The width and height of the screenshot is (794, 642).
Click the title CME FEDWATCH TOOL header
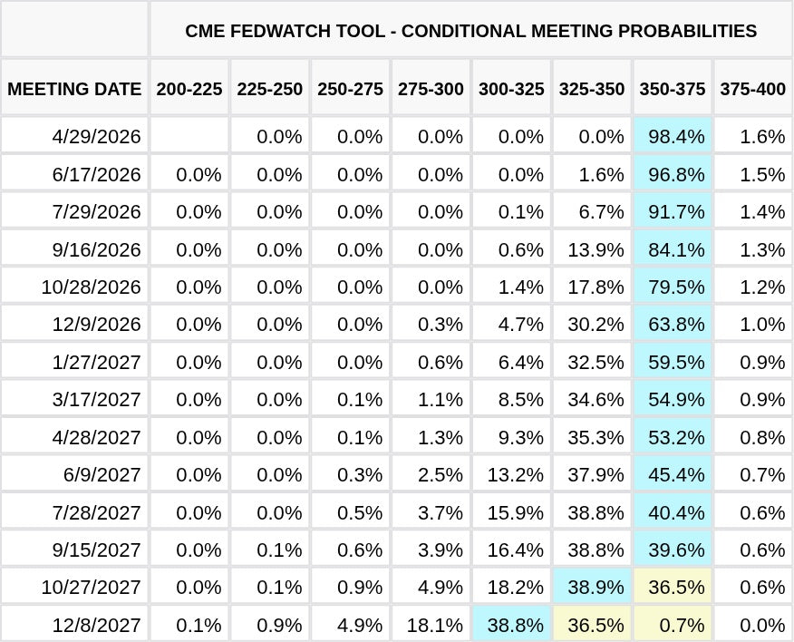point(470,31)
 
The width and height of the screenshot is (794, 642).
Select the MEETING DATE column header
point(74,89)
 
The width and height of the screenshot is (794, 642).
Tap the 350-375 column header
point(673,89)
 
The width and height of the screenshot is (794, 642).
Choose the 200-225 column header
point(189,89)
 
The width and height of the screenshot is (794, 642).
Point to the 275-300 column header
point(431,89)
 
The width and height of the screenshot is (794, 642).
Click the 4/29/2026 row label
point(97,136)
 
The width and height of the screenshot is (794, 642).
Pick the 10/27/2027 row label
point(91,587)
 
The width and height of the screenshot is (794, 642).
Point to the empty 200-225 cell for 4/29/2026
point(189,136)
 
